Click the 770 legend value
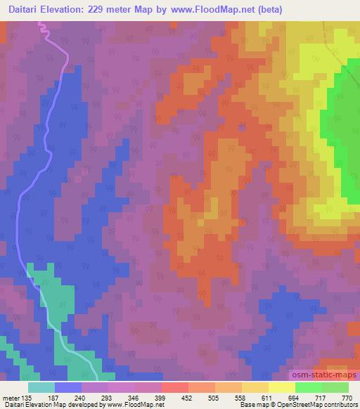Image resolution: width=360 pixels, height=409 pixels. coord(347,397)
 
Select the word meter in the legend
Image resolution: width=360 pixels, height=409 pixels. coord(12,397)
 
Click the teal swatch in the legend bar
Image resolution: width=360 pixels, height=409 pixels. coord(41,387)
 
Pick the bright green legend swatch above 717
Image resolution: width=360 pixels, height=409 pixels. coord(308,387)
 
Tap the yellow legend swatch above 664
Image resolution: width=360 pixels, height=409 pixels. coord(281,387)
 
